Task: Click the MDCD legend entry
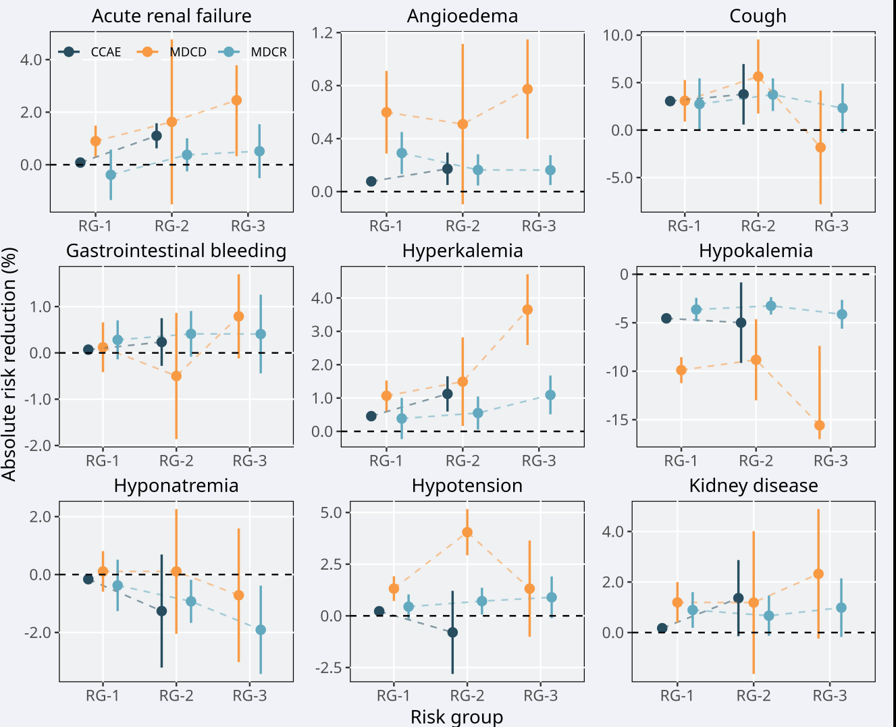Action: coord(188,52)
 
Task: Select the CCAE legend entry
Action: coord(105,52)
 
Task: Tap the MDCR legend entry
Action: coord(269,52)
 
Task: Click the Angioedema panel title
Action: coord(463,16)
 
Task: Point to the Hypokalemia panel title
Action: coord(756,251)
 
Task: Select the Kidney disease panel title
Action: coord(754,486)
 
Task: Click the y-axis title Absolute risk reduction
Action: coord(9,365)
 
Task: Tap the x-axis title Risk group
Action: coord(456,717)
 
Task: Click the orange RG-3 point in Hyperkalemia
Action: coord(527,310)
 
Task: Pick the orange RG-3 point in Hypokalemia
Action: coord(820,425)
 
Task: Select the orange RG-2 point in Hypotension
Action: coord(467,533)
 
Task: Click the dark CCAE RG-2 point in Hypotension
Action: coord(452,632)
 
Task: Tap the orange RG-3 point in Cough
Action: coord(820,147)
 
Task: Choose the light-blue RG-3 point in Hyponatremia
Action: coord(261,630)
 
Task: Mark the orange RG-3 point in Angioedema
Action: coord(527,89)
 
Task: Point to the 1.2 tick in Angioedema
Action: coord(322,33)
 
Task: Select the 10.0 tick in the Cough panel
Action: coord(617,35)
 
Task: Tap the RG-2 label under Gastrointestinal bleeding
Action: coord(176,461)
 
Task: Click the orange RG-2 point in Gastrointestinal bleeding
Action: coord(176,376)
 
